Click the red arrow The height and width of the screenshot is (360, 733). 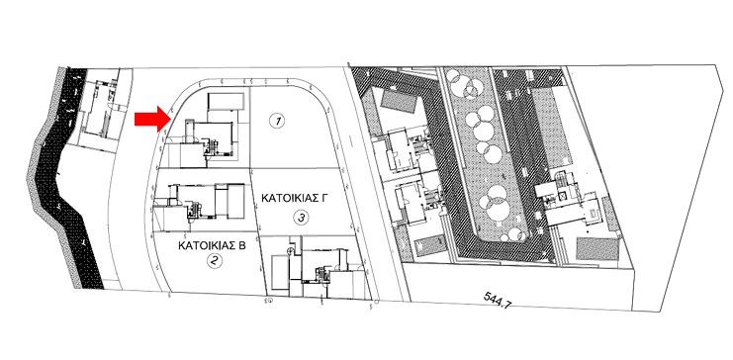coord(150,119)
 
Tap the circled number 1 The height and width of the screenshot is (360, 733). coord(278,121)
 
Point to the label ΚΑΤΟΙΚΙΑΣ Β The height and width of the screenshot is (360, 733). coord(211,241)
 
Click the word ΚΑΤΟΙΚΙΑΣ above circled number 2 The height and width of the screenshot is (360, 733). coord(203,241)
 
